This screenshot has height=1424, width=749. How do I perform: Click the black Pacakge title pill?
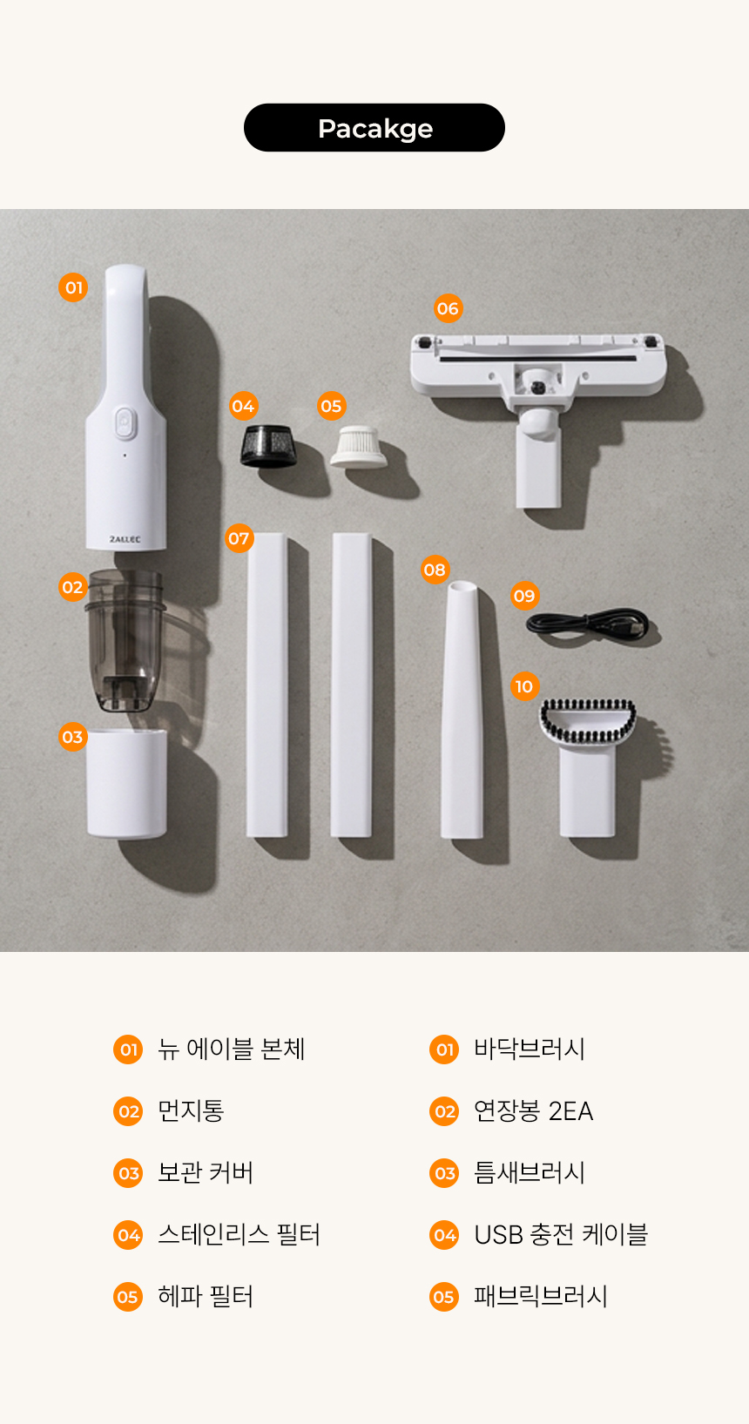coord(374,128)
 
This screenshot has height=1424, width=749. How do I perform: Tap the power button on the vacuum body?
coord(126,423)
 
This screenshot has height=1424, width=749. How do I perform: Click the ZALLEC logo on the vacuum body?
coord(125,539)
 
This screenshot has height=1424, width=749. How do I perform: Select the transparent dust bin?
coord(125,639)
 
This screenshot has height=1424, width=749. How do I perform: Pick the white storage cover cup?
coord(127,784)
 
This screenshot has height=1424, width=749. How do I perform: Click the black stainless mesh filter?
coord(268,446)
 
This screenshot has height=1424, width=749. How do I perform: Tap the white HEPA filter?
coord(359,447)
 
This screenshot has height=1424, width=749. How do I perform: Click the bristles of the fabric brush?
coord(588,720)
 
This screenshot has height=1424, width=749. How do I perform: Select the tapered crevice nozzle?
coord(462,710)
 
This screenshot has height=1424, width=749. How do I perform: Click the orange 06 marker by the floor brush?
coord(448,308)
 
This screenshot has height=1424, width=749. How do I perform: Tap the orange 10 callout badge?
coord(524,686)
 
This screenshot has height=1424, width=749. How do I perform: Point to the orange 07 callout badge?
coord(239,538)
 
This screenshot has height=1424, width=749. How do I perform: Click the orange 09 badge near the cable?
coord(524,596)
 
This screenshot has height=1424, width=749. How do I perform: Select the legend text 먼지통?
coord(191,1110)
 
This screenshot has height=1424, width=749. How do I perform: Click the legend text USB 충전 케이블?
coord(561,1234)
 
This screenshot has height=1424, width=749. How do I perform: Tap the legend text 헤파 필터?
coord(206,1296)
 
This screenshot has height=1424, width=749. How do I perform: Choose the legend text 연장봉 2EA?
coord(534,1110)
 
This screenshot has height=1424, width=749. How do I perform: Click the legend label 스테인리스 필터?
coord(239,1234)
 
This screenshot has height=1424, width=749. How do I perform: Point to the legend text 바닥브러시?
coord(529,1049)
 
